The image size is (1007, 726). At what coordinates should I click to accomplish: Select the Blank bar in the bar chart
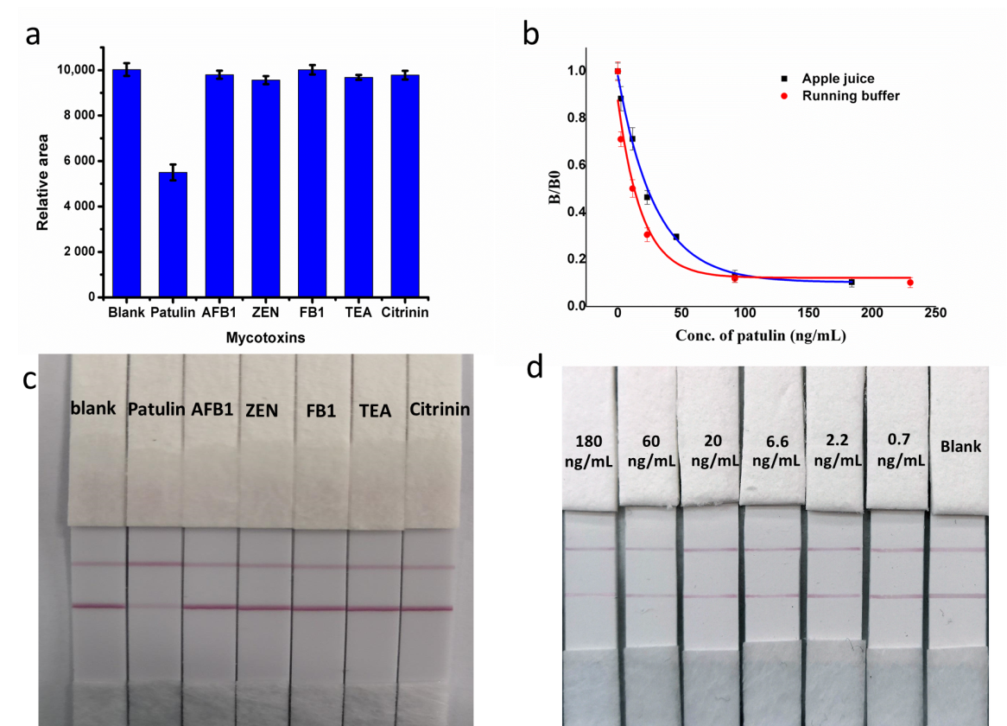126,183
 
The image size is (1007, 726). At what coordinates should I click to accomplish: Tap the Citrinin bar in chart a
405,186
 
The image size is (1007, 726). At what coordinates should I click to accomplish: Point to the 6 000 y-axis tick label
73,162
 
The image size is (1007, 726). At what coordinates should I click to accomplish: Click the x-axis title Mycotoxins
266,339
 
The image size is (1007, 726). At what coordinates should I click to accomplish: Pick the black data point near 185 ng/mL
851,283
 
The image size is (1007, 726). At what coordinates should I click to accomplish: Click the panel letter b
531,35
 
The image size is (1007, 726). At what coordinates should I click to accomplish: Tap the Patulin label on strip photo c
156,410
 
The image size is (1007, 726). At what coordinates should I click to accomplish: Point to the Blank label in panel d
960,447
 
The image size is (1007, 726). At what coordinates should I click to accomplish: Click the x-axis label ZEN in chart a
265,312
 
